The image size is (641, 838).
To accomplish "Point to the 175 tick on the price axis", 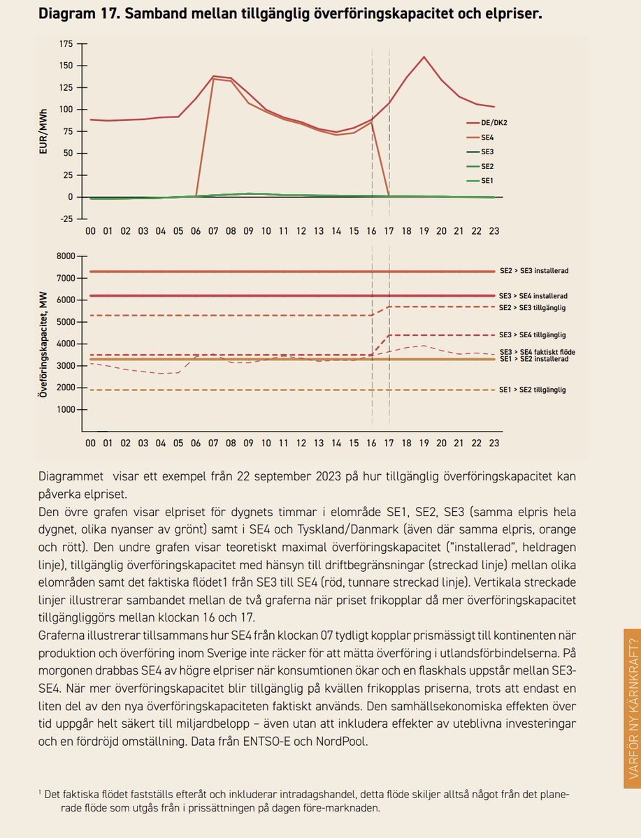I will coord(66,44).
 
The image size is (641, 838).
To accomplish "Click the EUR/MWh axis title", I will coord(43,131).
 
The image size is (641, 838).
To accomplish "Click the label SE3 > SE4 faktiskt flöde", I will coord(538,352).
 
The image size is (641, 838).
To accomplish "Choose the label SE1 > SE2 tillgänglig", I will coord(533,390).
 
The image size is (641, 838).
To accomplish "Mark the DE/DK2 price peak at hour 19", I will coord(424,57).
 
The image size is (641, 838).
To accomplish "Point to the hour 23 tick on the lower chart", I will coord(494,443).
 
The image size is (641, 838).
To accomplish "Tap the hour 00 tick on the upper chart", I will coord(90,230).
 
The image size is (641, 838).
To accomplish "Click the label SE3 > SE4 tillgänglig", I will coord(533,335).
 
